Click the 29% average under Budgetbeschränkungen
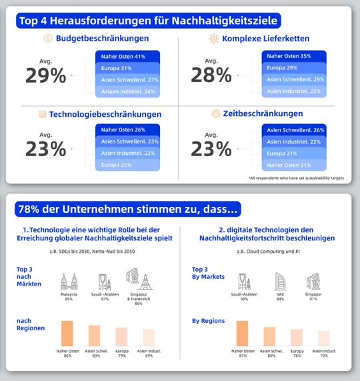point(46,75)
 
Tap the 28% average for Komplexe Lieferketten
point(211,75)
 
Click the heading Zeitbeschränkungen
point(257,114)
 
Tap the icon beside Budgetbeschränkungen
point(49,38)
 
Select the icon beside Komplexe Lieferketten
point(214,38)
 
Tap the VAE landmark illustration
point(280,283)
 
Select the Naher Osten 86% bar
point(67,333)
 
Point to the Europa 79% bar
point(121,336)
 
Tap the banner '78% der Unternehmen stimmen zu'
point(127,209)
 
